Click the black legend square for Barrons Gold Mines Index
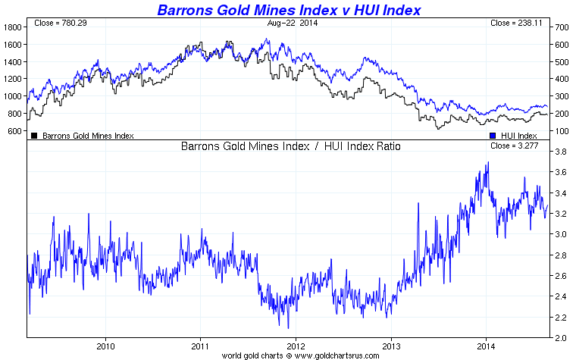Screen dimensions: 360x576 point(34,136)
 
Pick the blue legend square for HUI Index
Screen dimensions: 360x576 point(493,136)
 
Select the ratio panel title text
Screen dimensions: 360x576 point(291,146)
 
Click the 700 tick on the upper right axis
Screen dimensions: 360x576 point(562,27)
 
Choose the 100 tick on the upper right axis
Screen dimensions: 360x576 point(562,131)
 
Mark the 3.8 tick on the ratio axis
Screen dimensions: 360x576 point(561,152)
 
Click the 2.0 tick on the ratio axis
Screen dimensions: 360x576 point(561,338)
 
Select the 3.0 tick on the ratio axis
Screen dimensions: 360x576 point(561,235)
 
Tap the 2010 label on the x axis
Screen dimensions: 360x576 point(105,346)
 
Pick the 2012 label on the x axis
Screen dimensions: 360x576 point(295,346)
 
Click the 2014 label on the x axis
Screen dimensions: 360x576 point(485,346)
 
